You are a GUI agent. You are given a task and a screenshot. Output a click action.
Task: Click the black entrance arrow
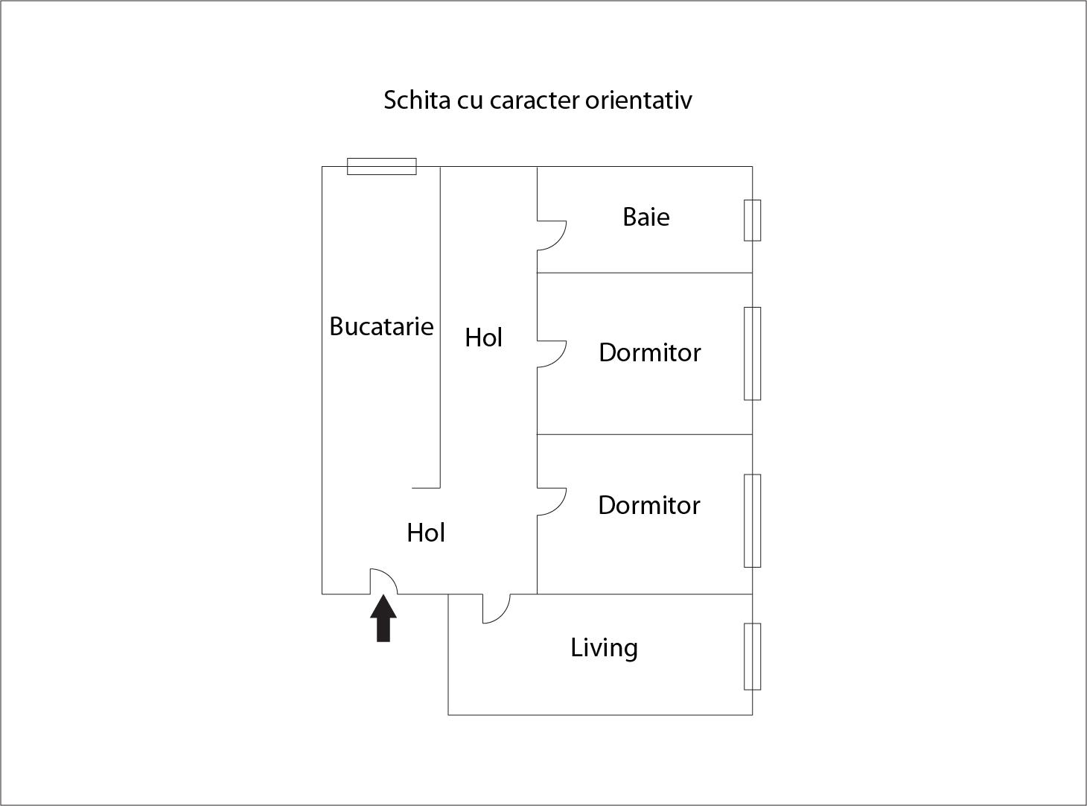tap(383, 618)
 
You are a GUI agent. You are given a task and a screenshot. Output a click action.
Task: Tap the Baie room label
tap(646, 217)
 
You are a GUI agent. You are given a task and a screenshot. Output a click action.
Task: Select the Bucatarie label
tap(381, 326)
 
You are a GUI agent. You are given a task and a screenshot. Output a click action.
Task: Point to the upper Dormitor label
tap(650, 352)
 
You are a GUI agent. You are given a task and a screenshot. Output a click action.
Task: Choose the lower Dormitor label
tap(649, 505)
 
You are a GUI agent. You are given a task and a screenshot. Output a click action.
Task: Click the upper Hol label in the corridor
tap(483, 337)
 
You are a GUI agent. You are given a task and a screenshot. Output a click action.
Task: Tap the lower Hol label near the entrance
tap(426, 533)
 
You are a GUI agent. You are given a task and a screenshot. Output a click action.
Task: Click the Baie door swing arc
tap(552, 235)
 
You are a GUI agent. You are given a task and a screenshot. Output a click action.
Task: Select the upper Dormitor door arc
tap(552, 354)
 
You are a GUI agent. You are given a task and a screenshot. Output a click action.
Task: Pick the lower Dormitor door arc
tap(552, 502)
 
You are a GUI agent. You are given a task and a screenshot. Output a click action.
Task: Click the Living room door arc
tap(497, 609)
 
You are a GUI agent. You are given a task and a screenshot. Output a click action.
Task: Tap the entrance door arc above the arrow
tap(383, 581)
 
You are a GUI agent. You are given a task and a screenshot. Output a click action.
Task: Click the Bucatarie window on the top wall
tap(382, 166)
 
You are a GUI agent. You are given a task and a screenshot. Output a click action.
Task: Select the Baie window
tap(752, 220)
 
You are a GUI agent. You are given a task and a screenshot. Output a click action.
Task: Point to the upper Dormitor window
tap(752, 354)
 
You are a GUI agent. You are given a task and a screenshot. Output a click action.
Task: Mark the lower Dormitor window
tap(752, 521)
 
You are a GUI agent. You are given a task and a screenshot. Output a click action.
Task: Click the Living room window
tap(752, 657)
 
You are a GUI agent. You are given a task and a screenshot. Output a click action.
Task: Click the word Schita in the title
tap(417, 100)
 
